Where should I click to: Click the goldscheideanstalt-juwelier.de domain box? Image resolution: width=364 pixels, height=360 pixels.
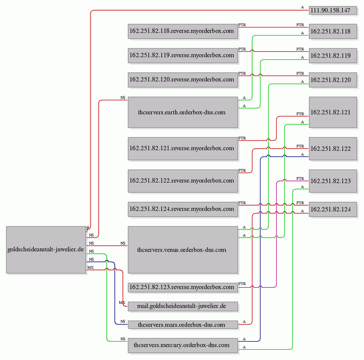click(x=46, y=250)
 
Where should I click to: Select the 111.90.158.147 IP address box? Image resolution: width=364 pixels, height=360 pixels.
click(x=333, y=10)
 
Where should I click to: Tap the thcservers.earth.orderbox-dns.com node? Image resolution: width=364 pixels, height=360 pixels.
click(x=183, y=112)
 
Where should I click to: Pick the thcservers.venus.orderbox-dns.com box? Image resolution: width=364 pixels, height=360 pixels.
click(x=183, y=250)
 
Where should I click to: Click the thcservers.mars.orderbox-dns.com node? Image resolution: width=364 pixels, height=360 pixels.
click(x=183, y=324)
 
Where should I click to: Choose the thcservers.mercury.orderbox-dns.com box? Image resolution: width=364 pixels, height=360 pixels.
click(x=183, y=345)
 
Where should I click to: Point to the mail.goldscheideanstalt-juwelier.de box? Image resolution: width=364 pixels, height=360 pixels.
click(x=183, y=306)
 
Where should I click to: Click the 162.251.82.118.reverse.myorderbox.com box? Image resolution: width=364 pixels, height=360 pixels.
click(x=183, y=31)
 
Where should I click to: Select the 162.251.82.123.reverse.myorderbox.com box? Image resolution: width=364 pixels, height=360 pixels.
click(x=183, y=287)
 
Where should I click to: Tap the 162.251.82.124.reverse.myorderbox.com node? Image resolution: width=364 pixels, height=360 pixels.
click(x=183, y=209)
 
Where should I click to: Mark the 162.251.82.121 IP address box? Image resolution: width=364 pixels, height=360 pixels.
click(x=333, y=112)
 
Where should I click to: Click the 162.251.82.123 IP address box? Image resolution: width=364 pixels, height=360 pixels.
click(x=333, y=181)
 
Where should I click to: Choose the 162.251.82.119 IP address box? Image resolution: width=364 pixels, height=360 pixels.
click(x=333, y=56)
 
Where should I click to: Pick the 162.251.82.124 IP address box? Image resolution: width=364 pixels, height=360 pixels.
click(x=333, y=209)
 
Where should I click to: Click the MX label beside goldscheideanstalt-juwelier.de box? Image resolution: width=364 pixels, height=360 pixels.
click(x=90, y=267)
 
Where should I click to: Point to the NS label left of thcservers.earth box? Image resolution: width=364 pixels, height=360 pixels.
click(x=123, y=98)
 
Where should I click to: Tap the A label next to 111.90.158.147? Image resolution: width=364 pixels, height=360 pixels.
click(x=302, y=8)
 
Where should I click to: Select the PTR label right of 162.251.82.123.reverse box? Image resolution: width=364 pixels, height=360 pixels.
click(x=242, y=284)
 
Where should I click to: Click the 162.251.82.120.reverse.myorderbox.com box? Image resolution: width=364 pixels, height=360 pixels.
click(x=183, y=80)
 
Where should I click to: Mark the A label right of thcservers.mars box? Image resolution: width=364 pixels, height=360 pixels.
click(x=244, y=322)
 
